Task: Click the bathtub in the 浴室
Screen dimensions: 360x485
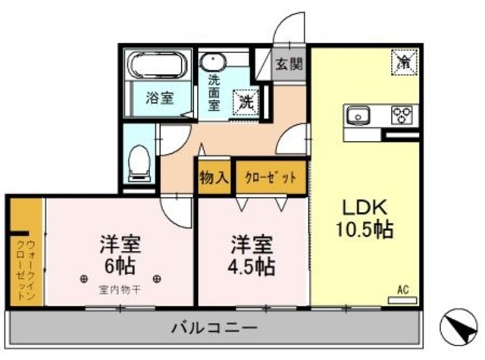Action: tap(158, 67)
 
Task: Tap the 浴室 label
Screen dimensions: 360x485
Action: tap(159, 98)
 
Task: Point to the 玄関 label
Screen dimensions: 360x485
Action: tap(288, 63)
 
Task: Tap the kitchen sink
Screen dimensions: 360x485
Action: tap(358, 116)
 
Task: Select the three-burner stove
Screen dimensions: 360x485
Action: tap(402, 115)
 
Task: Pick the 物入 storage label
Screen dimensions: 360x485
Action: tap(214, 179)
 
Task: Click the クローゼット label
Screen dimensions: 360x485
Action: tap(271, 179)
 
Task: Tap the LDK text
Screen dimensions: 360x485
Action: tap(364, 206)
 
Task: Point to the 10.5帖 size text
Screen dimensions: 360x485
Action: tap(365, 229)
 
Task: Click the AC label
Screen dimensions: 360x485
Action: tap(403, 289)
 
